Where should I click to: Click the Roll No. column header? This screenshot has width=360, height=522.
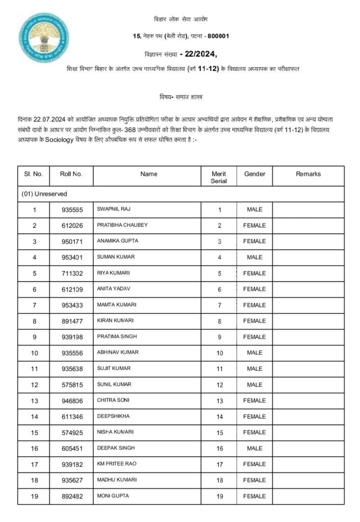tap(71, 174)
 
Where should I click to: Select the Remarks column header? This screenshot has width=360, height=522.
tap(308, 174)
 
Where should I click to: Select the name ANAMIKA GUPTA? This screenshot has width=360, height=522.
tap(117, 241)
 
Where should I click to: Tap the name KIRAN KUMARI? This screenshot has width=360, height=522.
tap(115, 321)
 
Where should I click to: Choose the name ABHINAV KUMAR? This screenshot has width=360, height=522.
tap(117, 353)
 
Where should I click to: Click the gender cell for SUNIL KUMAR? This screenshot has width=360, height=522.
tap(254, 385)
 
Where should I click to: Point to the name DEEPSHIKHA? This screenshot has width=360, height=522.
tap(113, 416)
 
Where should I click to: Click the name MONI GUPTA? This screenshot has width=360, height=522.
tap(113, 496)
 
